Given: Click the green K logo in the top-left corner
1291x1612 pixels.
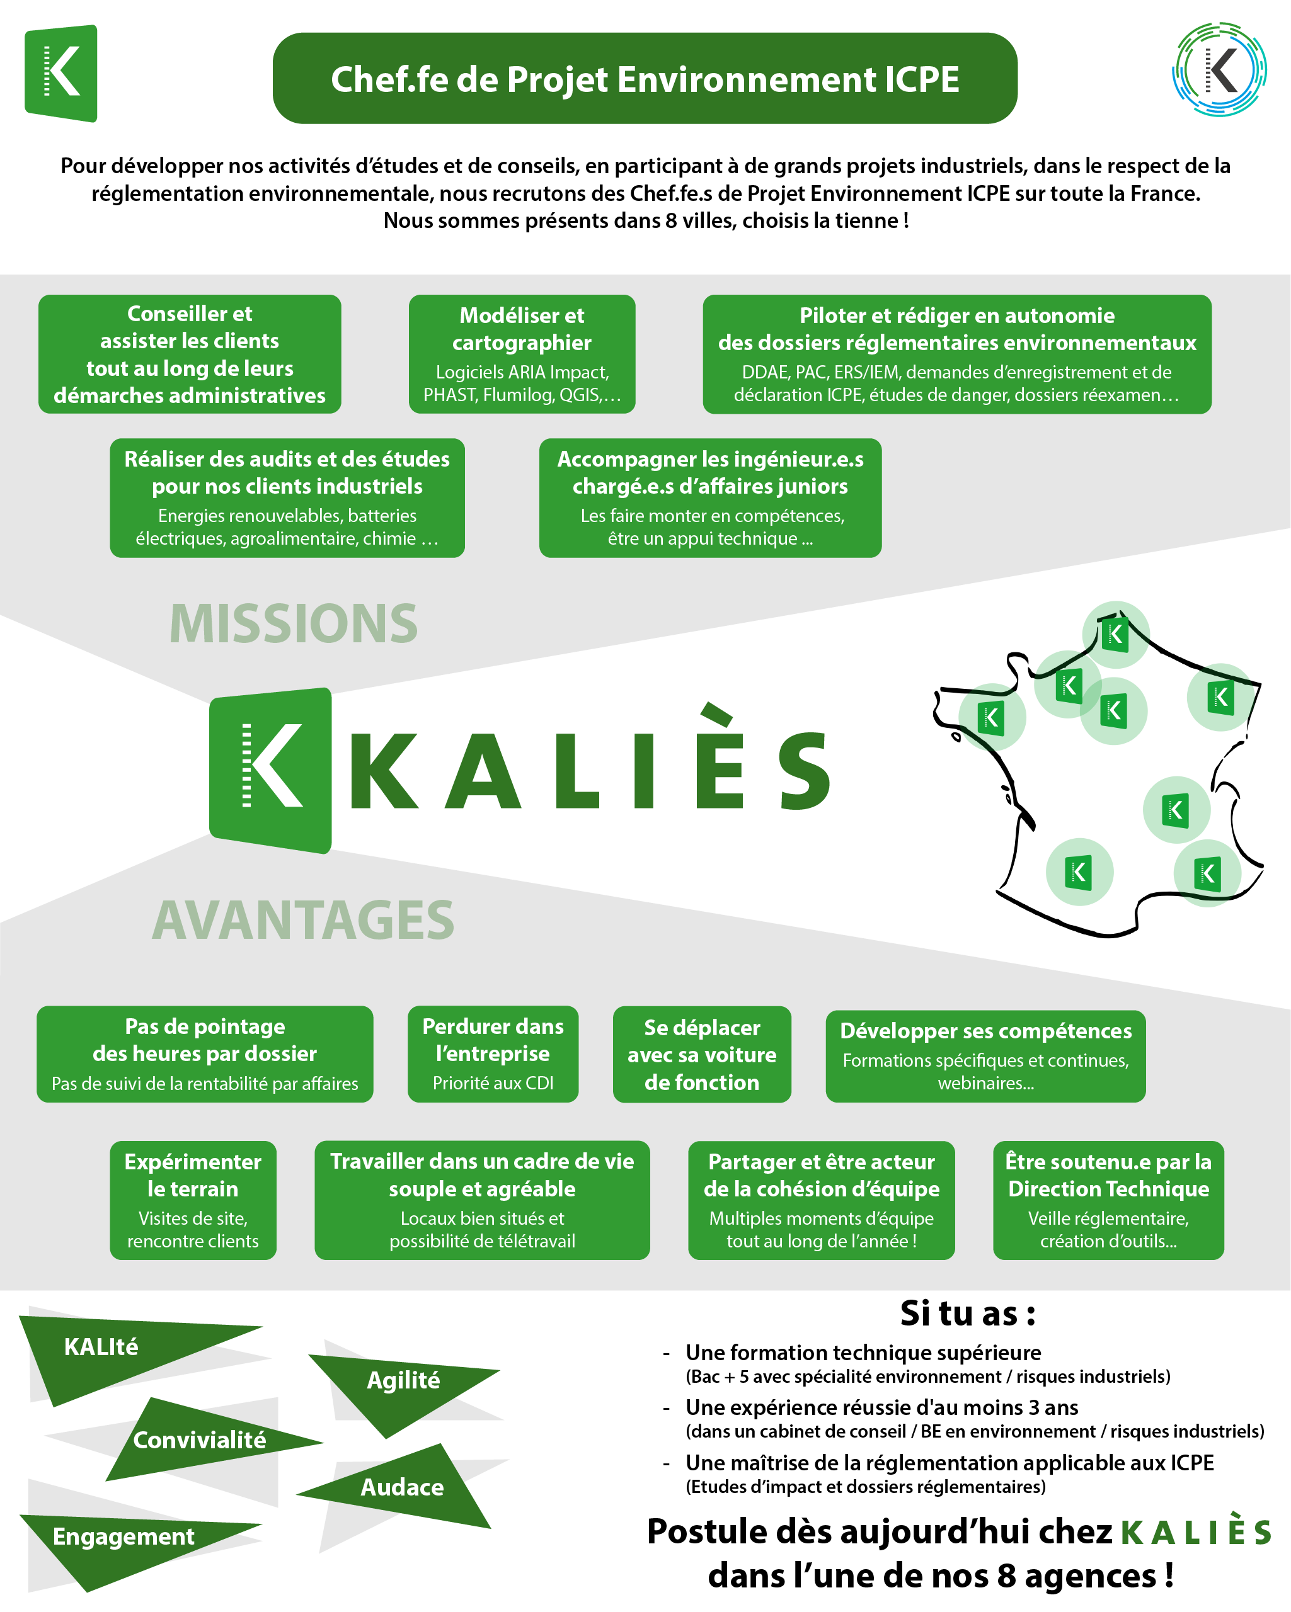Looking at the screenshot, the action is (x=60, y=73).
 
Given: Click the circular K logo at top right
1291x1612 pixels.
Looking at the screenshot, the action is (x=1219, y=69).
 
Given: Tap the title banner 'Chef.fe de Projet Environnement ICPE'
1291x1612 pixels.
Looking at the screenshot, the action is (x=645, y=79).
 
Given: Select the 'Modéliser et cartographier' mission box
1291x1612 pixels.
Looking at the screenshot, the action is (x=522, y=354).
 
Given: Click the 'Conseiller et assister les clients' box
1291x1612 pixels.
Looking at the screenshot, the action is (x=190, y=354).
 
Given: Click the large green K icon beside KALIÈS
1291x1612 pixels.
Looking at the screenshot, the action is (x=271, y=770).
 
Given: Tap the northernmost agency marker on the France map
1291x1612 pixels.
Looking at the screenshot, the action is (x=1115, y=634).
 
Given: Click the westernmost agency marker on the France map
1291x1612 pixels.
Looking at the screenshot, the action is (x=992, y=717).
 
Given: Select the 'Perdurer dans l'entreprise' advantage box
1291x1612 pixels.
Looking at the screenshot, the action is (x=493, y=1054).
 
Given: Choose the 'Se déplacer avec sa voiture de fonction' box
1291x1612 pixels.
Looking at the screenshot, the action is (x=702, y=1054).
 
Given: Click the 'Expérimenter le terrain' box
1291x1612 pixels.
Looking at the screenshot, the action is (x=193, y=1200).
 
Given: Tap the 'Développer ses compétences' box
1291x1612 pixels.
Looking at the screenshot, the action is (x=986, y=1056).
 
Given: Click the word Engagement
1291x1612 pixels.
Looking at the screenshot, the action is (x=123, y=1536).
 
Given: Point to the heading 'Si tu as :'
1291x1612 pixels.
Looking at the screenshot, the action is (x=968, y=1313).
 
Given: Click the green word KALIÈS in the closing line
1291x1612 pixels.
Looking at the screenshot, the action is (x=1196, y=1531).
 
